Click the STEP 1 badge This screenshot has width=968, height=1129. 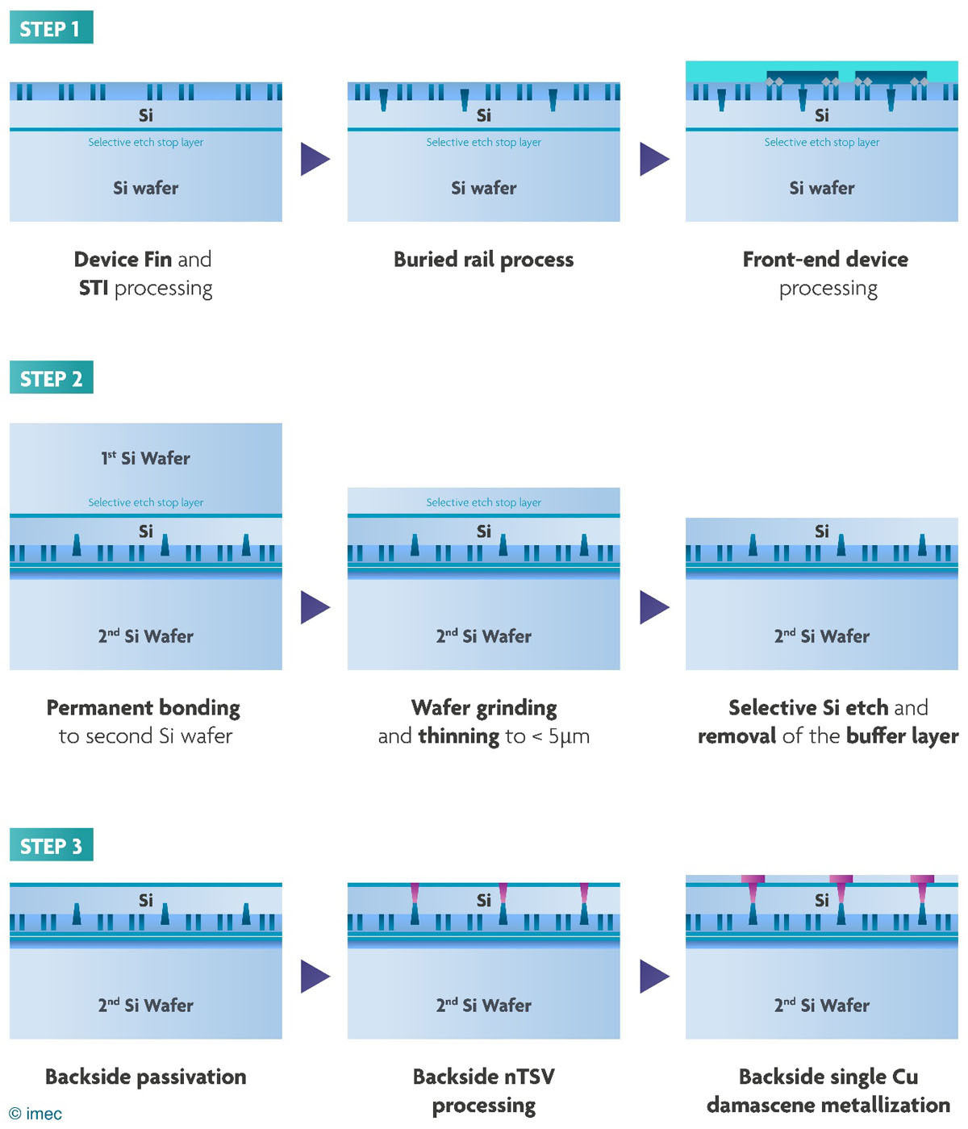coord(52,27)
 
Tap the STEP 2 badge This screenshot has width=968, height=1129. coord(52,377)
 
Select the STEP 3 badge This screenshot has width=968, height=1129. coord(52,844)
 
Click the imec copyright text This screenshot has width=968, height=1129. coord(35,1113)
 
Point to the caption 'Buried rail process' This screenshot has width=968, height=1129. coord(483,260)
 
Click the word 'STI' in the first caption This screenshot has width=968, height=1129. coord(94,288)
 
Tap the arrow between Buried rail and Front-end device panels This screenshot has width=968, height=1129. coord(654,159)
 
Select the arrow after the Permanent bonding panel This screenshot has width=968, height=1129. coord(315,606)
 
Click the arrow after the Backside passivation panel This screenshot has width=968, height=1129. coord(315,976)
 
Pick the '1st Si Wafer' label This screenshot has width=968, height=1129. coord(146,458)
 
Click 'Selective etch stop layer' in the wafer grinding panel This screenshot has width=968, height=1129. coord(483,502)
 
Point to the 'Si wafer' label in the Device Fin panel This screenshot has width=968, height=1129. coord(146,188)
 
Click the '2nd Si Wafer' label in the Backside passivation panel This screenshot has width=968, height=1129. coord(146,1005)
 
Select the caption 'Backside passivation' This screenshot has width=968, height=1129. coord(146,1077)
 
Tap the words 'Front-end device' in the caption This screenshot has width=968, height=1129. coord(825,260)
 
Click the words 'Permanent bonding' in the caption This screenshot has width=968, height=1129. coord(143,708)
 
